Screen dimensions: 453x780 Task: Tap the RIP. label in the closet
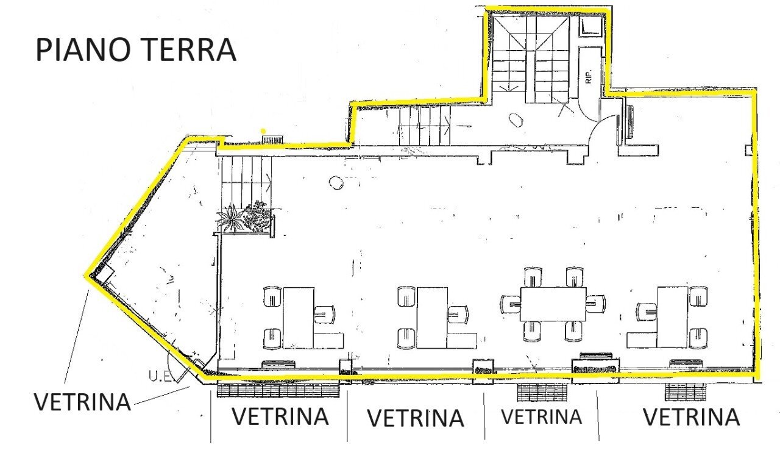(x=589, y=73)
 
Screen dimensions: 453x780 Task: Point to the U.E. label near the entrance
(x=160, y=376)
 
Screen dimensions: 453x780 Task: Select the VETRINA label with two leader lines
(x=82, y=402)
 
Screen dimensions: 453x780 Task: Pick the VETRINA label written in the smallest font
(x=541, y=416)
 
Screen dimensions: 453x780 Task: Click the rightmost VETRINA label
(x=691, y=418)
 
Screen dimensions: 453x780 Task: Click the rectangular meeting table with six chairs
(x=553, y=304)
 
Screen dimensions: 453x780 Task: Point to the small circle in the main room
(x=335, y=181)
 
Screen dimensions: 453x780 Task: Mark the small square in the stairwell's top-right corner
(x=590, y=27)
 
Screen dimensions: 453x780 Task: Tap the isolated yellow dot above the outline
(x=263, y=130)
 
